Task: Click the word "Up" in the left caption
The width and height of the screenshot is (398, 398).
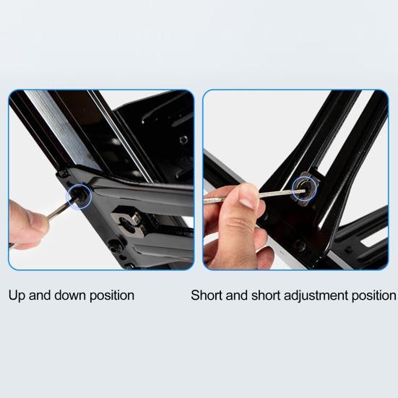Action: pyautogui.click(x=17, y=296)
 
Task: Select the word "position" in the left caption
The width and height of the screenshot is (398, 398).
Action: pyautogui.click(x=112, y=296)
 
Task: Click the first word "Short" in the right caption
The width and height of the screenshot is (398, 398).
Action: pyautogui.click(x=207, y=295)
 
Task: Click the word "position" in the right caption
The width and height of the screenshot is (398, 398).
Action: pyautogui.click(x=373, y=296)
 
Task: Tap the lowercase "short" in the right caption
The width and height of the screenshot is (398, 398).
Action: pyautogui.click(x=266, y=295)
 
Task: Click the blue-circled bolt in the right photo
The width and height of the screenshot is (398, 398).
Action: pyautogui.click(x=304, y=188)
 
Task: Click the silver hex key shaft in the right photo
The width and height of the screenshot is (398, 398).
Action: pyautogui.click(x=256, y=196)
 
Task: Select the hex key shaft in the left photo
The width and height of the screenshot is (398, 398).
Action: pyautogui.click(x=59, y=210)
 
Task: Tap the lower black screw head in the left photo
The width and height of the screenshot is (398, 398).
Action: pyautogui.click(x=115, y=246)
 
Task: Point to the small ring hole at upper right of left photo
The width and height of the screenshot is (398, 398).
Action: pyautogui.click(x=183, y=139)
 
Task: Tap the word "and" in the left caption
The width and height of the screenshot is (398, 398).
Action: pyautogui.click(x=39, y=295)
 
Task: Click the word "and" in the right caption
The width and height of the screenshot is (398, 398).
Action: pyautogui.click(x=237, y=295)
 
